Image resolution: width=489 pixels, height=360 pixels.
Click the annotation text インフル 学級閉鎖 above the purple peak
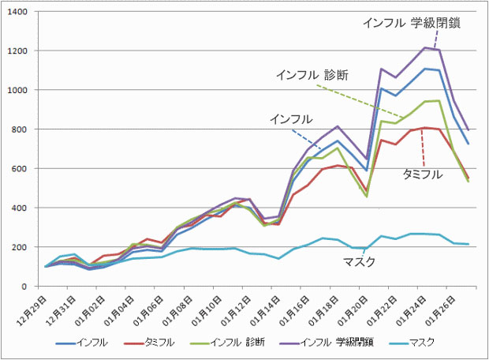click(412, 24)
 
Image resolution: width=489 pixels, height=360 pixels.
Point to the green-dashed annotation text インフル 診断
click(312, 75)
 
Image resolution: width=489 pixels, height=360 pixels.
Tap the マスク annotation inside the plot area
click(358, 261)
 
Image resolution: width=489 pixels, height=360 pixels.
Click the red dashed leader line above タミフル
click(424, 145)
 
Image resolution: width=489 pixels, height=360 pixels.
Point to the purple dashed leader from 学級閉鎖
click(436, 38)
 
